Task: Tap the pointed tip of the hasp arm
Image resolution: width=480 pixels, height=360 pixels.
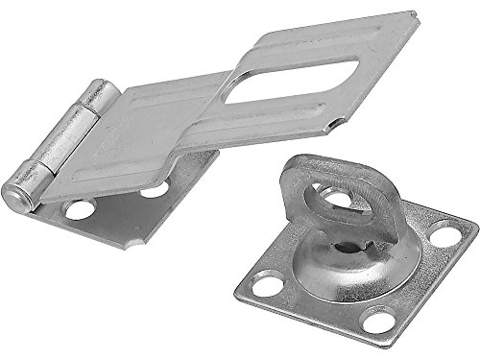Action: coord(415,14)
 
